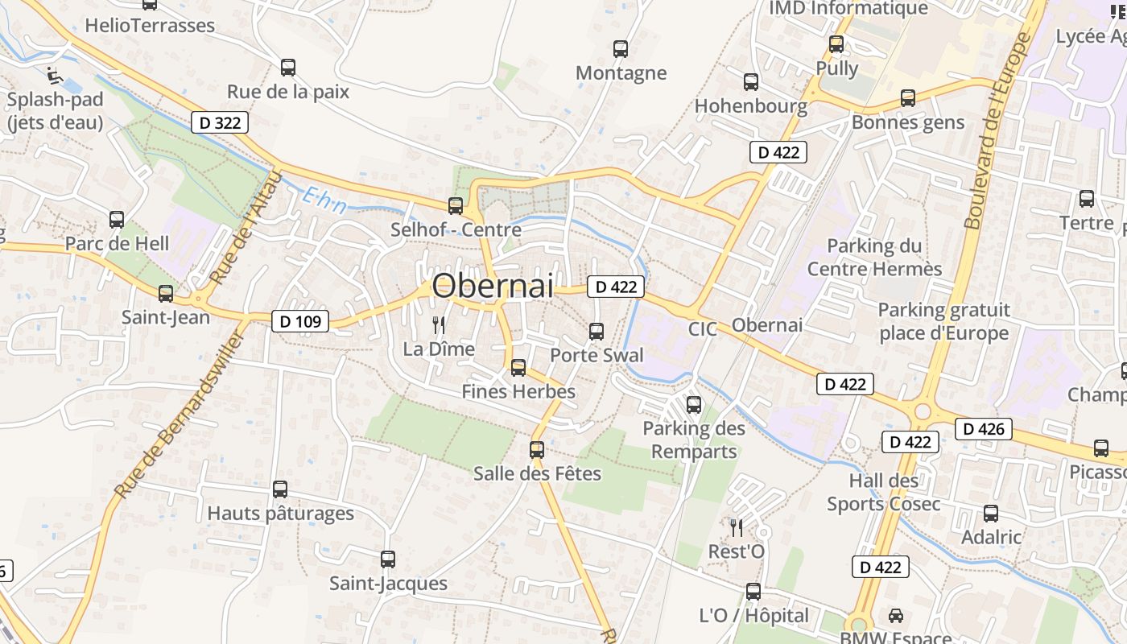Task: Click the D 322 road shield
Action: tap(220, 123)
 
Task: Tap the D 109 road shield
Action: tap(300, 322)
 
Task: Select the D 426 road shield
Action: tap(984, 429)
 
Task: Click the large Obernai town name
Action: tap(493, 286)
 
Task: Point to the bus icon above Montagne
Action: tap(621, 49)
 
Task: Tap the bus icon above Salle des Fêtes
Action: tap(537, 450)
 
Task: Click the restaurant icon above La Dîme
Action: tap(439, 325)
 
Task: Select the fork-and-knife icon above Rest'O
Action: tap(737, 528)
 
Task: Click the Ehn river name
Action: tap(326, 200)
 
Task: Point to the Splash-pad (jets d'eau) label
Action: tap(55, 111)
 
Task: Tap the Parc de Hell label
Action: tap(118, 243)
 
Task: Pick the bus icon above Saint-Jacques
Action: tap(388, 559)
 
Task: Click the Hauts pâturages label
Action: tap(280, 513)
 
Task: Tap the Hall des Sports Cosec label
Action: tap(883, 493)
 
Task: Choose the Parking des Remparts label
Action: tap(694, 440)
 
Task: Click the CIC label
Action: tap(702, 328)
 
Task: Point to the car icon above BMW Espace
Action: tap(895, 616)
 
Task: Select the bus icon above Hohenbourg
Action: tap(751, 82)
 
